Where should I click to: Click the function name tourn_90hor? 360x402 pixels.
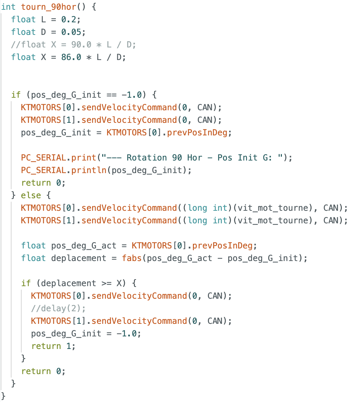tap(49, 7)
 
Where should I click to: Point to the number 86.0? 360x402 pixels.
tap(71, 57)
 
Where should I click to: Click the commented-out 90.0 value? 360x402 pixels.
tap(81, 45)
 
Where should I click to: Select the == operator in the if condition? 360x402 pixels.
tap(112, 95)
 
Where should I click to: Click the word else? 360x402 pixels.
tap(31, 195)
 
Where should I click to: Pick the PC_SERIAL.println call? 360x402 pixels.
tap(106, 170)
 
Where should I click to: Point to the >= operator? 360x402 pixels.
tap(106, 283)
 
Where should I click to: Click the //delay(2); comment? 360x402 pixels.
tap(58, 308)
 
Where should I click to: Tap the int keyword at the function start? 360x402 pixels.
tap(8, 7)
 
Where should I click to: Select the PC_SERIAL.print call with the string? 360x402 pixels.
tap(157, 157)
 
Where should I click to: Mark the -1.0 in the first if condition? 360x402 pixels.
tap(132, 95)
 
